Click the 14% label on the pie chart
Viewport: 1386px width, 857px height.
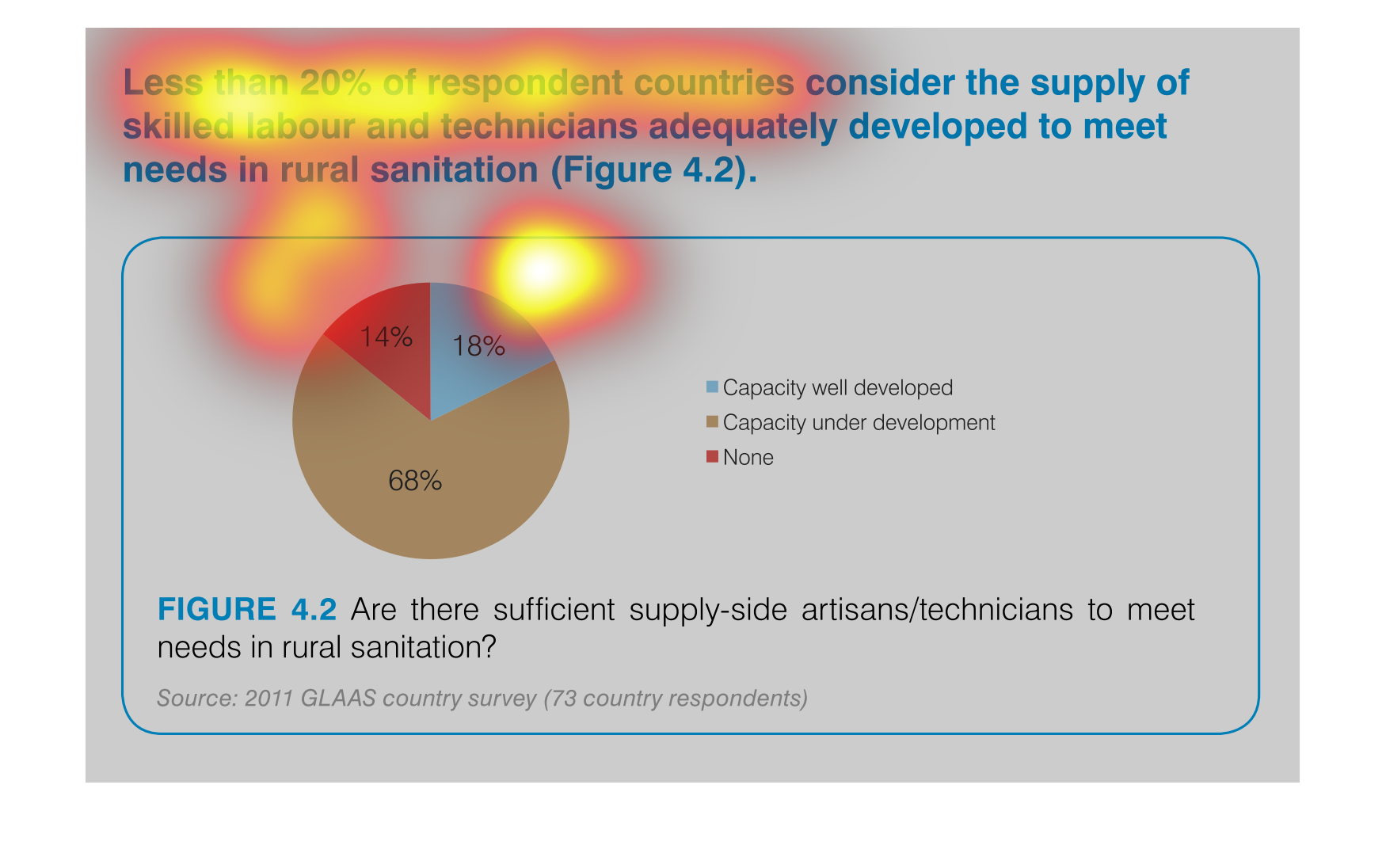(386, 337)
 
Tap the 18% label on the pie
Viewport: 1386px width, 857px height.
(478, 346)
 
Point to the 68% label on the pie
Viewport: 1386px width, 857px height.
(415, 481)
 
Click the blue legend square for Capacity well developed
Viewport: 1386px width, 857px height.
(713, 387)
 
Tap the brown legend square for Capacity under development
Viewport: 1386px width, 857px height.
(713, 421)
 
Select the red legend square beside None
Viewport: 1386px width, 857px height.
(713, 456)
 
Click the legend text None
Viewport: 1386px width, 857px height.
(748, 458)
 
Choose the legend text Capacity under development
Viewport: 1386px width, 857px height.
(859, 423)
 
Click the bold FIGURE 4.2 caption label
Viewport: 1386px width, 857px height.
(247, 610)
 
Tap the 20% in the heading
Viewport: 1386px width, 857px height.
(336, 83)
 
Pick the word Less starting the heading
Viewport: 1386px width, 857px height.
(163, 83)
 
